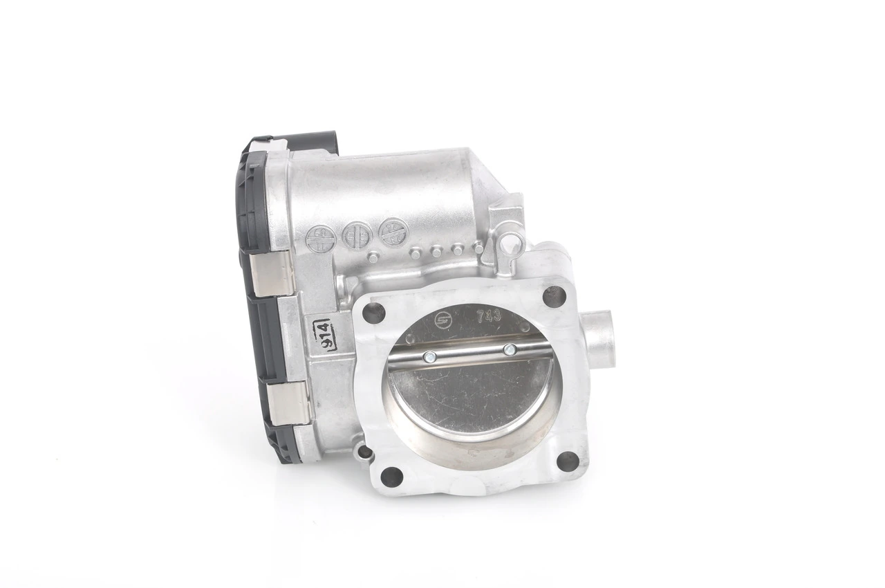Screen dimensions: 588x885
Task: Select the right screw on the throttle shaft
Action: [x=510, y=350]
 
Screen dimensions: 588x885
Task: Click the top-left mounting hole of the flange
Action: [x=373, y=313]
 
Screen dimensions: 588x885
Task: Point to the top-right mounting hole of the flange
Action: [x=554, y=296]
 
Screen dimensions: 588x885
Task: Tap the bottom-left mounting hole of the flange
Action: [x=391, y=476]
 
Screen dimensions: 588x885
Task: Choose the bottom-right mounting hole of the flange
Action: [x=567, y=461]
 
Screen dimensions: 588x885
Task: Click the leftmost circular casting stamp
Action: [x=317, y=239]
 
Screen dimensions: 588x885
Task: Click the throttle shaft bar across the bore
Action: [x=470, y=355]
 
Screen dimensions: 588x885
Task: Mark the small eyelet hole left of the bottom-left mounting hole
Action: [x=364, y=453]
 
